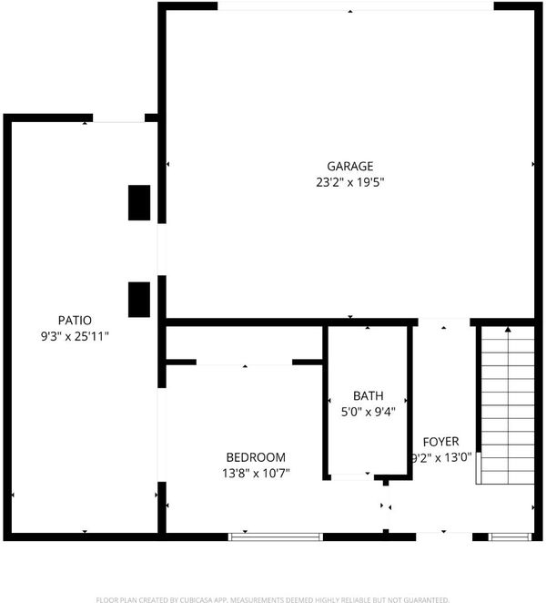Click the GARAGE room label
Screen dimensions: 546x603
click(x=349, y=166)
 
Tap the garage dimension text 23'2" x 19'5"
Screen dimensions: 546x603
click(x=350, y=182)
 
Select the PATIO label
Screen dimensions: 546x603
click(x=75, y=320)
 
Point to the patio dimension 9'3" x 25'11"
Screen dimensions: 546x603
click(x=75, y=336)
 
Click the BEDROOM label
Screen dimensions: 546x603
click(x=256, y=457)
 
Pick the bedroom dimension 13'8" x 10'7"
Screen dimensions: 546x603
click(x=256, y=473)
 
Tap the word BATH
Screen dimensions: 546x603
click(x=369, y=395)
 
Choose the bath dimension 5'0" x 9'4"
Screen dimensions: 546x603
click(x=369, y=412)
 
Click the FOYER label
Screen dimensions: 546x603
click(x=440, y=442)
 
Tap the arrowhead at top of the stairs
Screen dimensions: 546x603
click(x=508, y=329)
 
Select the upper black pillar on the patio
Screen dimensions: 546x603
click(x=139, y=202)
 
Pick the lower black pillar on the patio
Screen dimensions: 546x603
click(x=139, y=300)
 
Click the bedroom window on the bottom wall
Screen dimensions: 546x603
click(x=276, y=537)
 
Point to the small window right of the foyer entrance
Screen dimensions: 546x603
click(x=510, y=537)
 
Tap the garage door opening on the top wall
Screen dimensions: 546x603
click(x=356, y=6)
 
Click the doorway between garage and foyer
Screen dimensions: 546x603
click(x=444, y=322)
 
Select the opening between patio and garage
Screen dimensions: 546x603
click(x=162, y=250)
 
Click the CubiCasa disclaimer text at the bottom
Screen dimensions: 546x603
click(x=272, y=599)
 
